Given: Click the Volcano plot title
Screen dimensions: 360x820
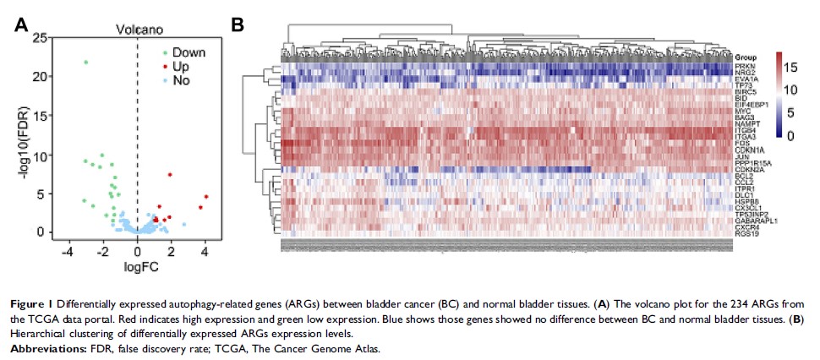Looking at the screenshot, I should click(139, 30).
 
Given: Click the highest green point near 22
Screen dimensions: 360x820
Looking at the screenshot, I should click(85, 62).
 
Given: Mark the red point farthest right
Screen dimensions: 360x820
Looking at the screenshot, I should click(206, 197).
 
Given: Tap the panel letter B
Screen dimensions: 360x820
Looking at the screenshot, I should click(238, 25).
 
